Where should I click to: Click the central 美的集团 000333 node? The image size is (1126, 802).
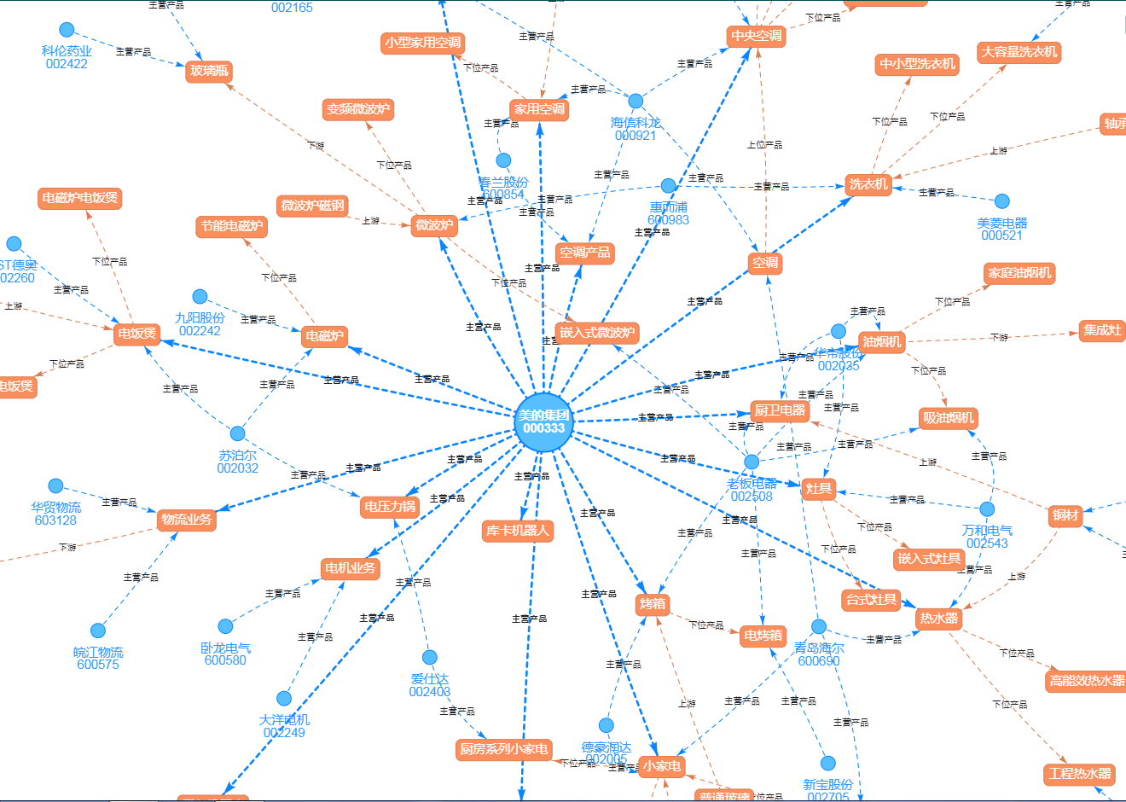point(543,421)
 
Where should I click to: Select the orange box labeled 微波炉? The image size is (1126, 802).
point(434,225)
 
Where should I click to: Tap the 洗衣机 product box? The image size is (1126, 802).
point(868,184)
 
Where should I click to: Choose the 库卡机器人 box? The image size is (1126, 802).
point(518,531)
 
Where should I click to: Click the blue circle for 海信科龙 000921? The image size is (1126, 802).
point(636,102)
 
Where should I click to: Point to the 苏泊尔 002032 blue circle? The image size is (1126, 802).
point(238,433)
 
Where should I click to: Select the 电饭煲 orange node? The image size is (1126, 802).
point(137,334)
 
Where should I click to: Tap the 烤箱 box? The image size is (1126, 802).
point(653,604)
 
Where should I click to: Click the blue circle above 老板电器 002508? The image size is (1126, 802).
point(752,462)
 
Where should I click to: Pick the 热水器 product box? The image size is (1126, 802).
point(938,619)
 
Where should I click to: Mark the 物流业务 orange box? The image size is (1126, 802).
point(187,520)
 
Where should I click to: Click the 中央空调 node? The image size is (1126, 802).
point(756,36)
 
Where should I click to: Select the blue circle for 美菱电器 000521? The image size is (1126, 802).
point(1002,201)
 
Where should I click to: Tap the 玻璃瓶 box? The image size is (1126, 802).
point(209,71)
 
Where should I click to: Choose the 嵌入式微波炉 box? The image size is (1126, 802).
point(597,333)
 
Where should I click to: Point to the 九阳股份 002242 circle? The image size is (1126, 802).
point(200,297)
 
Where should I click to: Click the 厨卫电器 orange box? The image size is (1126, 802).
point(780,410)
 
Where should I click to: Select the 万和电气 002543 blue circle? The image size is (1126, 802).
point(987,509)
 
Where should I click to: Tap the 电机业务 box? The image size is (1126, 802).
point(350,568)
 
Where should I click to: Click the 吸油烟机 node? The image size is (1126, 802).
point(949,418)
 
